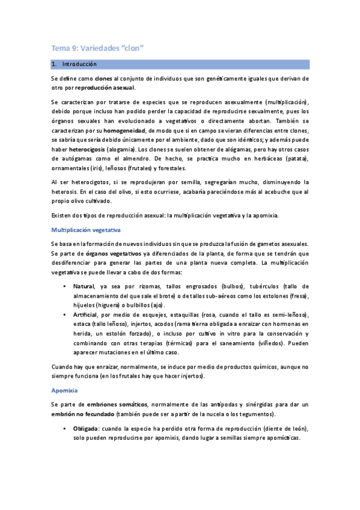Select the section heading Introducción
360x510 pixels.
[x=79, y=64]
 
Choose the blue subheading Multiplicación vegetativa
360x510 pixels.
[x=87, y=229]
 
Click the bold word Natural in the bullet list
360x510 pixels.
[x=84, y=286]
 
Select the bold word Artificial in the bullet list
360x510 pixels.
[x=86, y=315]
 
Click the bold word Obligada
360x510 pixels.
[x=86, y=428]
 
